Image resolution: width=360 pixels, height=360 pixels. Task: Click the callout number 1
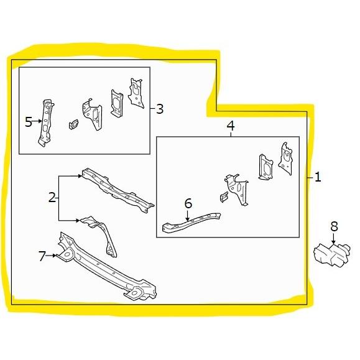click(x=318, y=177)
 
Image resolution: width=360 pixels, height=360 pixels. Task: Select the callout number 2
click(x=52, y=198)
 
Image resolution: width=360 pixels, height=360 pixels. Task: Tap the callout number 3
click(x=160, y=109)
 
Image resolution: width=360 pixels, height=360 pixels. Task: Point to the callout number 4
click(x=231, y=126)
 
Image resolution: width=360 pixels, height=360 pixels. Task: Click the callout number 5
click(x=29, y=122)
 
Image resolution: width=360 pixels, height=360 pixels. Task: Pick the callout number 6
click(x=188, y=203)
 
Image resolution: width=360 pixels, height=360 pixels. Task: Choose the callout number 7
click(x=42, y=256)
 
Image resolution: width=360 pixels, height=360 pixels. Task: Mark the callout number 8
click(x=335, y=226)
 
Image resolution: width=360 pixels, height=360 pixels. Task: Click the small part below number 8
click(x=332, y=256)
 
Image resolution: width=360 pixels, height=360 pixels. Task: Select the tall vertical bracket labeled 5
click(x=45, y=123)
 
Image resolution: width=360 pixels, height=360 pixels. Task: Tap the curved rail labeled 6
click(x=191, y=223)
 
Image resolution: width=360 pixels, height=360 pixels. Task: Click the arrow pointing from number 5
click(x=37, y=121)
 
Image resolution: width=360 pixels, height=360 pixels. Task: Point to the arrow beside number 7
click(x=51, y=256)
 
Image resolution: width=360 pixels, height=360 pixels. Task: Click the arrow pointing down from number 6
click(x=188, y=216)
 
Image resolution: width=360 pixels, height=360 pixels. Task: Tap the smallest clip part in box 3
click(x=73, y=124)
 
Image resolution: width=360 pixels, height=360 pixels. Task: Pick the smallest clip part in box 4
click(x=224, y=197)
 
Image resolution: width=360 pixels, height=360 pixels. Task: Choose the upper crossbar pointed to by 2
click(x=118, y=190)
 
